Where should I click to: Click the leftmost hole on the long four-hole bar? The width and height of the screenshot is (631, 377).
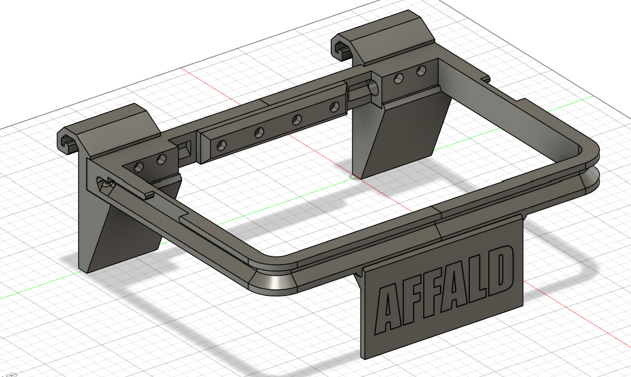[221, 146]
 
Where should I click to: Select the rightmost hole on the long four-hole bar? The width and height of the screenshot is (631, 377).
[334, 107]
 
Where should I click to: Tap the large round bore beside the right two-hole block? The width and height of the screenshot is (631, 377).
[374, 87]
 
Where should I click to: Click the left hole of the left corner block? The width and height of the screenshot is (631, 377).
[138, 166]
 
